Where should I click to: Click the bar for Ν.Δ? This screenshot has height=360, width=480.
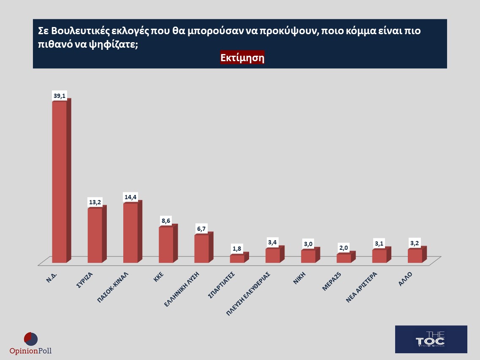(59, 181)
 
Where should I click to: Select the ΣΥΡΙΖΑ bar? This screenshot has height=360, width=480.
(95, 235)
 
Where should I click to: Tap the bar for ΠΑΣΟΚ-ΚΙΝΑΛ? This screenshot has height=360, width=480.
(130, 233)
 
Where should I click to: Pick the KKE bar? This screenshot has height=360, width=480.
(166, 245)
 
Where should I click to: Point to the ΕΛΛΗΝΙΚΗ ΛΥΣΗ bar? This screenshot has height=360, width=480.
(201, 249)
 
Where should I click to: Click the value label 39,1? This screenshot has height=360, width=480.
(60, 96)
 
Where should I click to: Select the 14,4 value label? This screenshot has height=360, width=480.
(130, 198)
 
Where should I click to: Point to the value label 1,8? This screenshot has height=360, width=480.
(237, 249)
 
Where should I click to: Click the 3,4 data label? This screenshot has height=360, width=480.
(273, 243)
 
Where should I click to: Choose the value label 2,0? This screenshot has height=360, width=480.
(344, 248)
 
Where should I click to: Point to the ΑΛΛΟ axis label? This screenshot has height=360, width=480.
(405, 279)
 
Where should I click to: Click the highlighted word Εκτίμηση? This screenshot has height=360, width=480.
(242, 58)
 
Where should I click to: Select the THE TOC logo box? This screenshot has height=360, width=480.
(431, 339)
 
